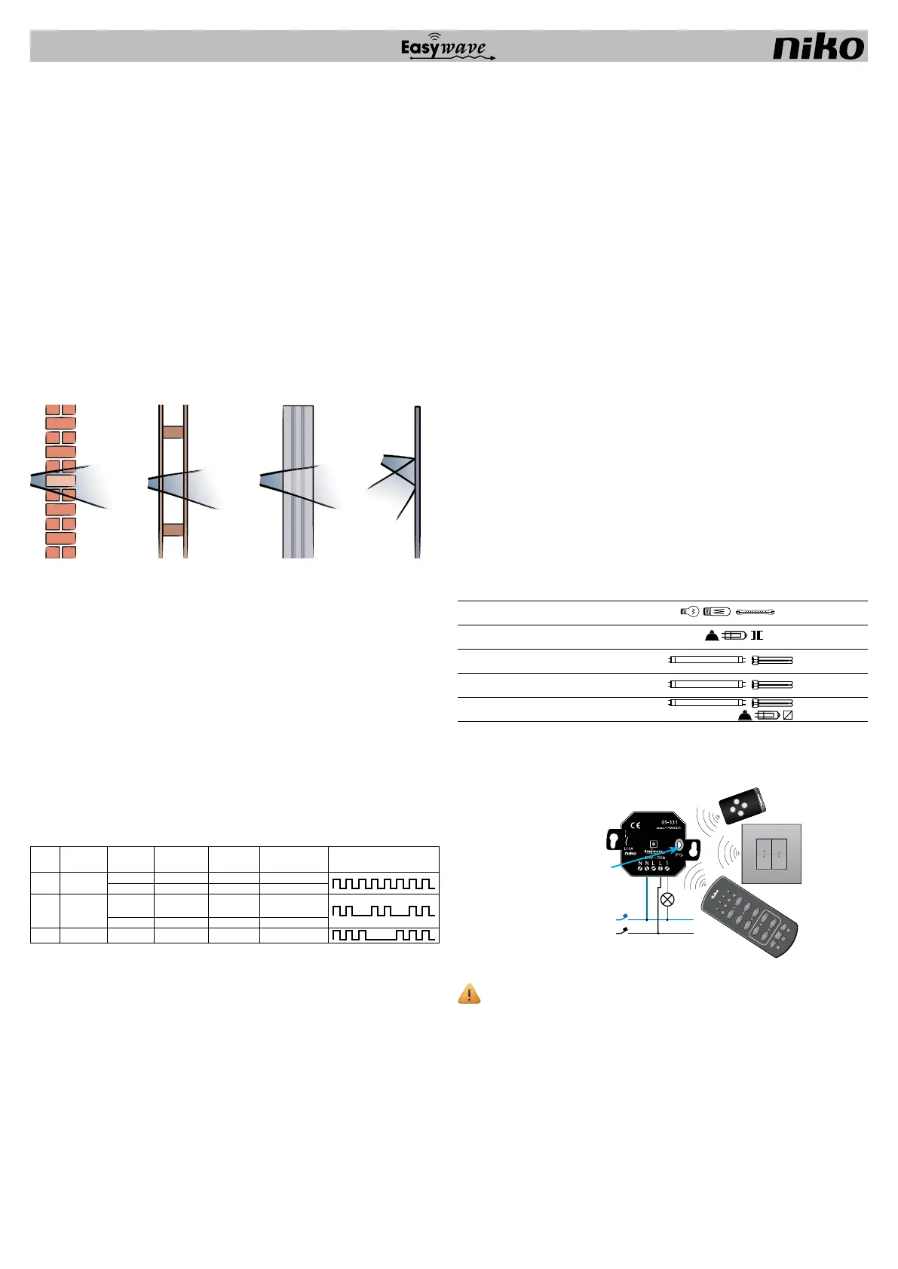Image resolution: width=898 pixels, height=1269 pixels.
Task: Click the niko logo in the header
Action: click(x=818, y=47)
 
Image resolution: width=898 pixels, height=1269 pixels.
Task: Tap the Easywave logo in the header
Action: click(x=448, y=47)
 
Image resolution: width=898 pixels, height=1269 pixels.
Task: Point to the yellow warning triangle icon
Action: click(x=469, y=994)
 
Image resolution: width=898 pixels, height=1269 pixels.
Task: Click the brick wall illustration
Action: click(x=60, y=482)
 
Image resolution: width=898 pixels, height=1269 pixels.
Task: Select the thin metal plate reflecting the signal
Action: click(x=417, y=482)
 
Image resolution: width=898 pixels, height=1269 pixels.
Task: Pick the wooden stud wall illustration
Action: click(x=173, y=482)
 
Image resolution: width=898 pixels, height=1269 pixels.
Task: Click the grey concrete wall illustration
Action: click(x=298, y=482)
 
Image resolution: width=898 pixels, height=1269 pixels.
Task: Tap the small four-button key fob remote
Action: click(x=743, y=807)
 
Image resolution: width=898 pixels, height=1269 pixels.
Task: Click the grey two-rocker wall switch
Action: click(x=771, y=853)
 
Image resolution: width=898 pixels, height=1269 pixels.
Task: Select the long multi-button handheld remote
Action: click(x=751, y=916)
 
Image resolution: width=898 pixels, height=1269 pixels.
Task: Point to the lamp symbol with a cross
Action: click(x=667, y=899)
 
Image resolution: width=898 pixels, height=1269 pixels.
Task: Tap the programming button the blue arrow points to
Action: click(x=679, y=845)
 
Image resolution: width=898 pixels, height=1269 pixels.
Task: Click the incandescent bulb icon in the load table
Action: click(x=689, y=612)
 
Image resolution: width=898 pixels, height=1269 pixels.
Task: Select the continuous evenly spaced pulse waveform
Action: click(x=384, y=883)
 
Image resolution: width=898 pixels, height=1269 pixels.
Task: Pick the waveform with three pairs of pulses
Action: click(x=384, y=911)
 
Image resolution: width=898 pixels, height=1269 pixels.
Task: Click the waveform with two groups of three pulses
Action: click(x=384, y=935)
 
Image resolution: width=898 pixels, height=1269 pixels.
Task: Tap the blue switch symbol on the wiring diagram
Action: click(x=622, y=918)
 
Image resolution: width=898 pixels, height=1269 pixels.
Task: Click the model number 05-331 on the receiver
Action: click(x=670, y=821)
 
